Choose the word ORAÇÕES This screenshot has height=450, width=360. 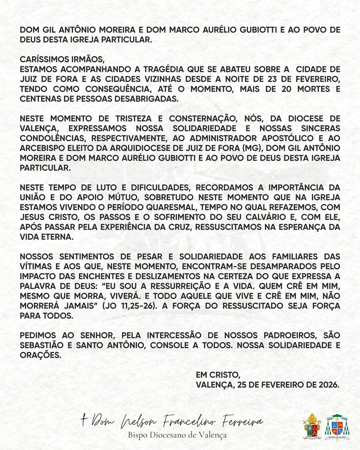click(40, 355)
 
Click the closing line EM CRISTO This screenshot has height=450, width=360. click(218, 375)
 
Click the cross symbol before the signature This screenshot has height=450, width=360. click(83, 420)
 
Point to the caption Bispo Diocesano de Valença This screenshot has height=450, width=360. click(177, 435)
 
